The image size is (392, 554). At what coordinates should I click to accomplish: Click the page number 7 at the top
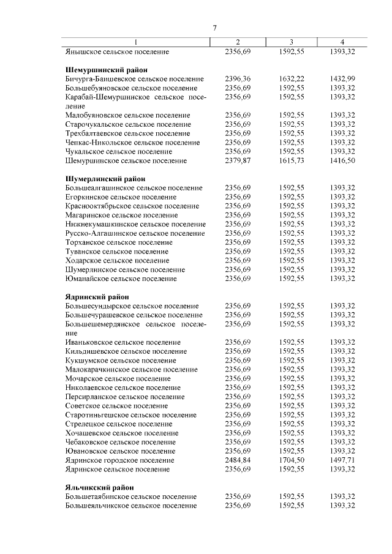[215, 28]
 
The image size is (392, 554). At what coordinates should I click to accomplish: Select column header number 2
[238, 42]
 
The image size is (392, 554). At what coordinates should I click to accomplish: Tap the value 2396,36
[238, 79]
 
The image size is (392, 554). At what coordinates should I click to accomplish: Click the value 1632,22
[291, 79]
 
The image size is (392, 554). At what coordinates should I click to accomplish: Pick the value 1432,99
[342, 79]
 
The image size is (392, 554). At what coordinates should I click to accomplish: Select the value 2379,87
[238, 160]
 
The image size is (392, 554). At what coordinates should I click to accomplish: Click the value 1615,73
[291, 160]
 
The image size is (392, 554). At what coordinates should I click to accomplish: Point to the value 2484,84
[238, 460]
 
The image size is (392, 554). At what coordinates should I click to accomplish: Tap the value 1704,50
[291, 460]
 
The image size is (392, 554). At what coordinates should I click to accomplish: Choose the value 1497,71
[342, 460]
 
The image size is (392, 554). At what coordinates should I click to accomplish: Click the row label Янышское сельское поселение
[116, 52]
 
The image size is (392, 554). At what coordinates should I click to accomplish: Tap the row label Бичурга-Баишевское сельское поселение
[134, 79]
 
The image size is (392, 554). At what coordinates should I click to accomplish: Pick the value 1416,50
[342, 160]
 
